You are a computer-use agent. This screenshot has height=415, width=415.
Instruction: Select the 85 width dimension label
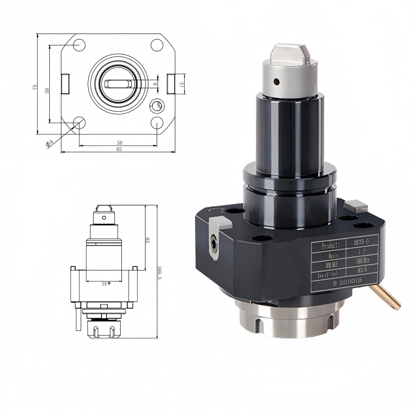coord(119,149)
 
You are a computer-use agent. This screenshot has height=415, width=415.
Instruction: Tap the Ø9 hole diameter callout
coord(49,143)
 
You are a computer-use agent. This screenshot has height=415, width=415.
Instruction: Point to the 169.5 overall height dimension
coord(160,272)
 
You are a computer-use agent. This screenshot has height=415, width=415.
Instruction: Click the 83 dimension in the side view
coord(148,240)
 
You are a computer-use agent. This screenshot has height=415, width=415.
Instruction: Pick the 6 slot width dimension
coord(155,84)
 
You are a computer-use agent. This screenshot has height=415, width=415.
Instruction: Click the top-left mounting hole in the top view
coord(79,45)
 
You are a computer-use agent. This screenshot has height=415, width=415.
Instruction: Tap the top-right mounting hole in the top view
coord(157,45)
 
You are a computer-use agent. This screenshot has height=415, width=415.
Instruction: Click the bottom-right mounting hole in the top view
coord(157,123)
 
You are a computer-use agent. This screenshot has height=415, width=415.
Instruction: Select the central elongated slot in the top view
coord(118,84)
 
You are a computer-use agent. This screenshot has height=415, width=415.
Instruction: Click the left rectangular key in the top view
coord(65,84)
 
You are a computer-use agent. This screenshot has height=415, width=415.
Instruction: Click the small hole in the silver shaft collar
coord(277,82)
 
